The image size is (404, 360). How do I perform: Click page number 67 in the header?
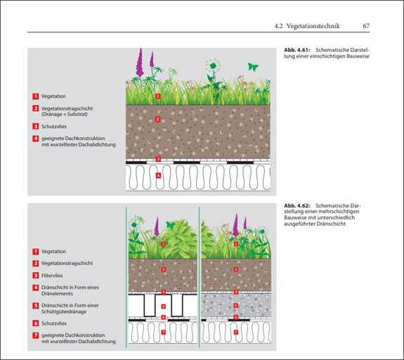[366, 26]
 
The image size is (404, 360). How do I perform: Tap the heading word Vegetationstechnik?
[313, 26]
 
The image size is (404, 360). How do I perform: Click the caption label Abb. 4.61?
[297, 50]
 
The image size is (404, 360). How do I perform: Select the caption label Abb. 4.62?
[297, 205]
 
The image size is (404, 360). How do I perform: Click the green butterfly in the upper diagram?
[253, 67]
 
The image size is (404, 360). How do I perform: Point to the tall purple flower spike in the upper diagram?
[140, 63]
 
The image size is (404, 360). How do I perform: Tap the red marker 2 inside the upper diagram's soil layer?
[157, 119]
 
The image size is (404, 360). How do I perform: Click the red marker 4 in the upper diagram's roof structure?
[158, 176]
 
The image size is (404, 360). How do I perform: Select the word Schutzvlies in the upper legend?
[54, 127]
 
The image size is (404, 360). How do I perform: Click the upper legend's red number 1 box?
[36, 96]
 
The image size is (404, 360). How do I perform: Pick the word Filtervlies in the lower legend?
[52, 276]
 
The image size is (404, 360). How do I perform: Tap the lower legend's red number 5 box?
[36, 306]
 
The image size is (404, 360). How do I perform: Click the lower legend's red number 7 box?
[36, 335]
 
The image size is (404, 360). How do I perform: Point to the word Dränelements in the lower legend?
[57, 294]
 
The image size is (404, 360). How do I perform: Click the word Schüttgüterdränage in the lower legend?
[64, 311]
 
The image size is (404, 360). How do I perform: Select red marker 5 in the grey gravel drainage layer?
[236, 306]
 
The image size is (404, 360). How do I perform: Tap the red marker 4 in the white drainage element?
[163, 307]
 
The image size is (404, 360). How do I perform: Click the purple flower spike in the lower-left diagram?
[157, 227]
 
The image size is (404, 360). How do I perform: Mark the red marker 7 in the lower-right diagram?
[236, 332]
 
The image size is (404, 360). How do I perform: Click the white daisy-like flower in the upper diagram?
[213, 65]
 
